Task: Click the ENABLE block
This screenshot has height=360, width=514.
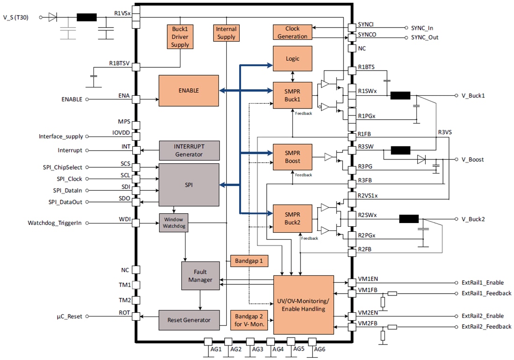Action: tap(189, 90)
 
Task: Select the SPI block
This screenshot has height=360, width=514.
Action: tap(189, 185)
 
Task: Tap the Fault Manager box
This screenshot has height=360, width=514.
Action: tap(200, 275)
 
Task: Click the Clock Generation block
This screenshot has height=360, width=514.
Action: tap(292, 32)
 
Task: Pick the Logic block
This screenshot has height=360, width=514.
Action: tap(292, 59)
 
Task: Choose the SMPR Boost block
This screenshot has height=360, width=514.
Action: tap(292, 157)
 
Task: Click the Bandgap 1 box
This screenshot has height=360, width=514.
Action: tap(249, 261)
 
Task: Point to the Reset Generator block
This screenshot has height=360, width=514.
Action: tap(189, 320)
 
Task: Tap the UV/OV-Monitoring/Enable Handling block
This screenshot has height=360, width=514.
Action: tap(303, 305)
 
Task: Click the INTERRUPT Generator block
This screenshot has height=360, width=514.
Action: tap(189, 150)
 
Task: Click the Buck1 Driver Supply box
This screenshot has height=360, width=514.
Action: tap(180, 36)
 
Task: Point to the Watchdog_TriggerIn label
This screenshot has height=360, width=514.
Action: tap(55, 223)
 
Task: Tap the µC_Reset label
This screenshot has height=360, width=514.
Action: tap(66, 317)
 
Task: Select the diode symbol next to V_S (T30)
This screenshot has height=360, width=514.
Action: tap(53, 17)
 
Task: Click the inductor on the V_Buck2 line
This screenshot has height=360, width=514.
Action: tap(408, 219)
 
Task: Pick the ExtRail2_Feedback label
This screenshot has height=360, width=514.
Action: tap(486, 326)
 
